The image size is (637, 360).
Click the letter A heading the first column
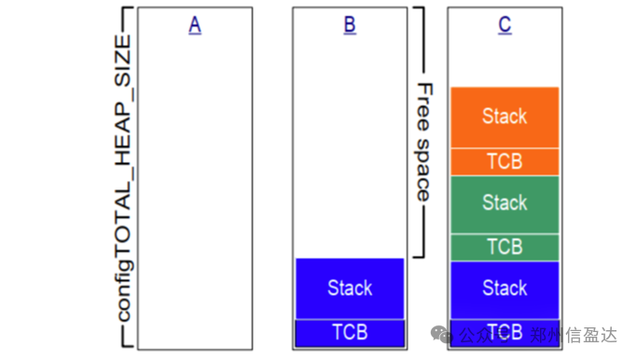point(195,25)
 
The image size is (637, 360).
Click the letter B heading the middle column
point(350,25)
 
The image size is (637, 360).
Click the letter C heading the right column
point(505,25)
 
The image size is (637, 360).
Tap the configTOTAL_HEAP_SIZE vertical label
point(125,177)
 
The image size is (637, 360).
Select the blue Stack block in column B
point(350,288)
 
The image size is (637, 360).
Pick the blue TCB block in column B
point(350,332)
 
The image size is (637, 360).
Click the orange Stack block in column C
point(505,117)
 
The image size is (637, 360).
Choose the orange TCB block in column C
point(505,161)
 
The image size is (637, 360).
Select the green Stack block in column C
point(505,203)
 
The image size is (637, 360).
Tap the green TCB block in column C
point(505,247)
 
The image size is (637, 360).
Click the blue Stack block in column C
point(505,289)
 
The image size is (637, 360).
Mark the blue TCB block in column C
point(505,332)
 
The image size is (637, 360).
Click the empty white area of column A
point(195,187)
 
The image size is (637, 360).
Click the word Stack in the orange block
point(505,117)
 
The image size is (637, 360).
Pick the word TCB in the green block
point(505,247)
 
